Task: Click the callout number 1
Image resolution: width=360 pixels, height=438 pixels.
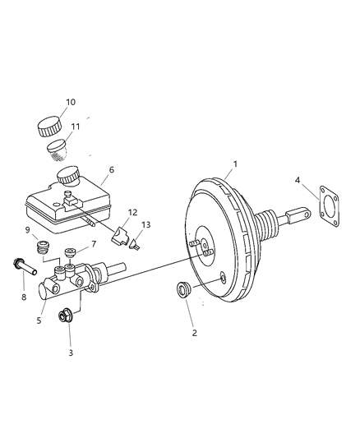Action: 235,164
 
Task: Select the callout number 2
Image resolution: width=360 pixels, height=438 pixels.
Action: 194,333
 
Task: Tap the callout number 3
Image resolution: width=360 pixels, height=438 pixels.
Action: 70,353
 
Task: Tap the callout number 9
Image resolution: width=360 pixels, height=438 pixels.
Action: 27,229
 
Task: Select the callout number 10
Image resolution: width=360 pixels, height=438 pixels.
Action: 71,103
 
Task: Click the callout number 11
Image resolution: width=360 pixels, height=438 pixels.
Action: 75,127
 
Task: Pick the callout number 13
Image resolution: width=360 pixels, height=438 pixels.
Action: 146,224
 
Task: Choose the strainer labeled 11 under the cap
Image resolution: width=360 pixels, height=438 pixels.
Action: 57,149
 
